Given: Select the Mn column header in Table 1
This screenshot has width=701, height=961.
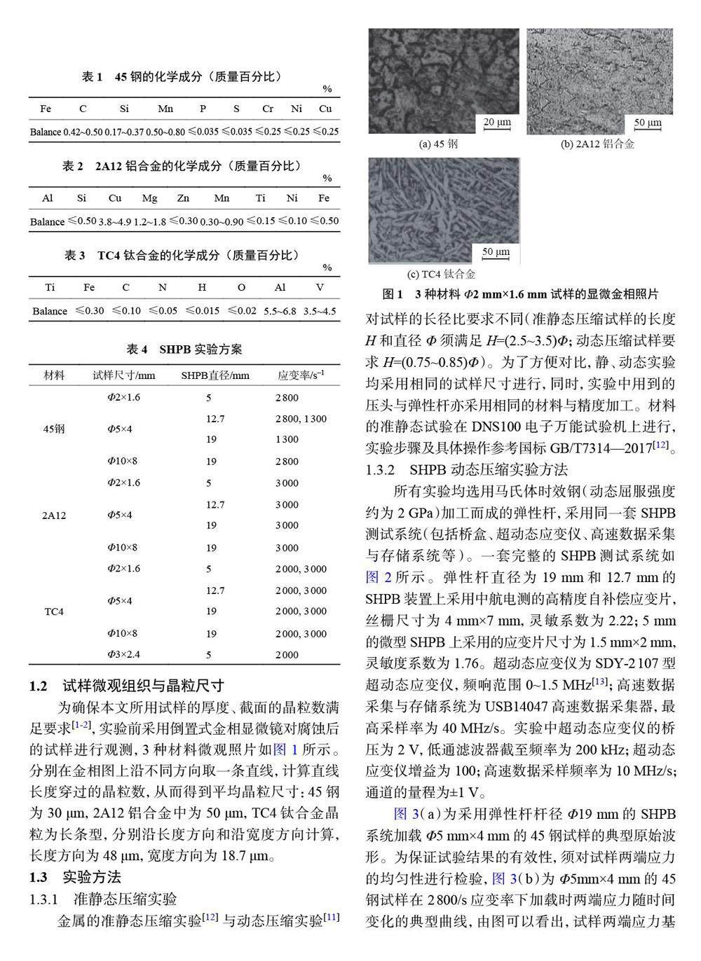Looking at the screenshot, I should click(x=165, y=109).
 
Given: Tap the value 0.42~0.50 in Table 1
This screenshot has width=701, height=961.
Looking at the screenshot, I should click(x=83, y=132).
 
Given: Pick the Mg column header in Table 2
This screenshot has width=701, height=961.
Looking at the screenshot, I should click(x=149, y=198).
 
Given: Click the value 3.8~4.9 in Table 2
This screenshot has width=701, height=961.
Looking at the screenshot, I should click(x=115, y=221).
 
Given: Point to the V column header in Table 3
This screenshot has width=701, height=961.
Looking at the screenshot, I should click(x=320, y=287).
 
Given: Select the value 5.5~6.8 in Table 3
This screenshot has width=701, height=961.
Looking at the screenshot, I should click(x=280, y=311).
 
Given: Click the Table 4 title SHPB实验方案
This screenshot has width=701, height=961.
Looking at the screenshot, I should click(x=184, y=349).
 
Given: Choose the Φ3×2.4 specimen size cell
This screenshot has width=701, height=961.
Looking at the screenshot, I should click(x=123, y=655).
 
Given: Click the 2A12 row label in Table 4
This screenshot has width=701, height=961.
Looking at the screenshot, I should click(x=54, y=516).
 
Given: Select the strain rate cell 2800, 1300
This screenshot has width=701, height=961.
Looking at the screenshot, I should click(x=301, y=419).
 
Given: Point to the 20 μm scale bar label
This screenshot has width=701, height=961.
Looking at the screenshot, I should click(x=497, y=122).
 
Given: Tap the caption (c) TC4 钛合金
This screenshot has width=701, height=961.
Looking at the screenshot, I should click(x=441, y=274).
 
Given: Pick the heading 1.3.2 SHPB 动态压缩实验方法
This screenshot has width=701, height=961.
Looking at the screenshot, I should click(x=467, y=469).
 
